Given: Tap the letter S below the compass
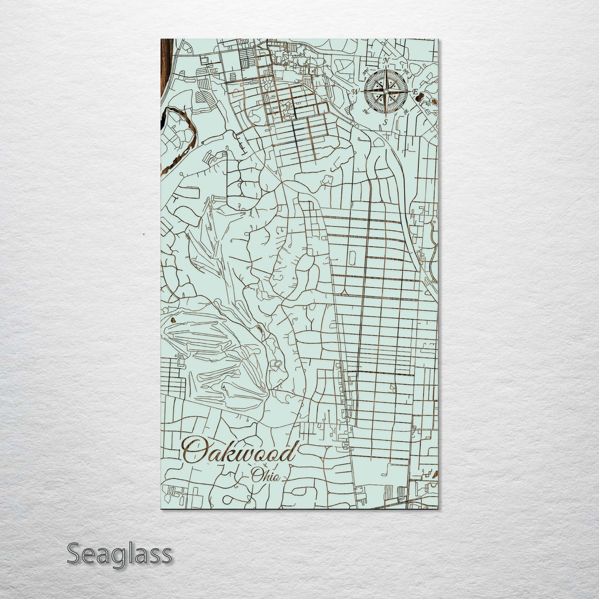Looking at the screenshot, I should click(385, 121).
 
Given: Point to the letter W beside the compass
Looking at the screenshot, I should click(356, 91).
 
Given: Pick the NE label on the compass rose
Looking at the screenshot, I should click(406, 72).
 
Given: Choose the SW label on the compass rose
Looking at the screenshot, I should click(366, 111).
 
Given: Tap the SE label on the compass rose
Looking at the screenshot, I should click(406, 111).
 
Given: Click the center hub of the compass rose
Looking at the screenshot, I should click(386, 91).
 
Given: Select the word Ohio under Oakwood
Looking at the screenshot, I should click(265, 475).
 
